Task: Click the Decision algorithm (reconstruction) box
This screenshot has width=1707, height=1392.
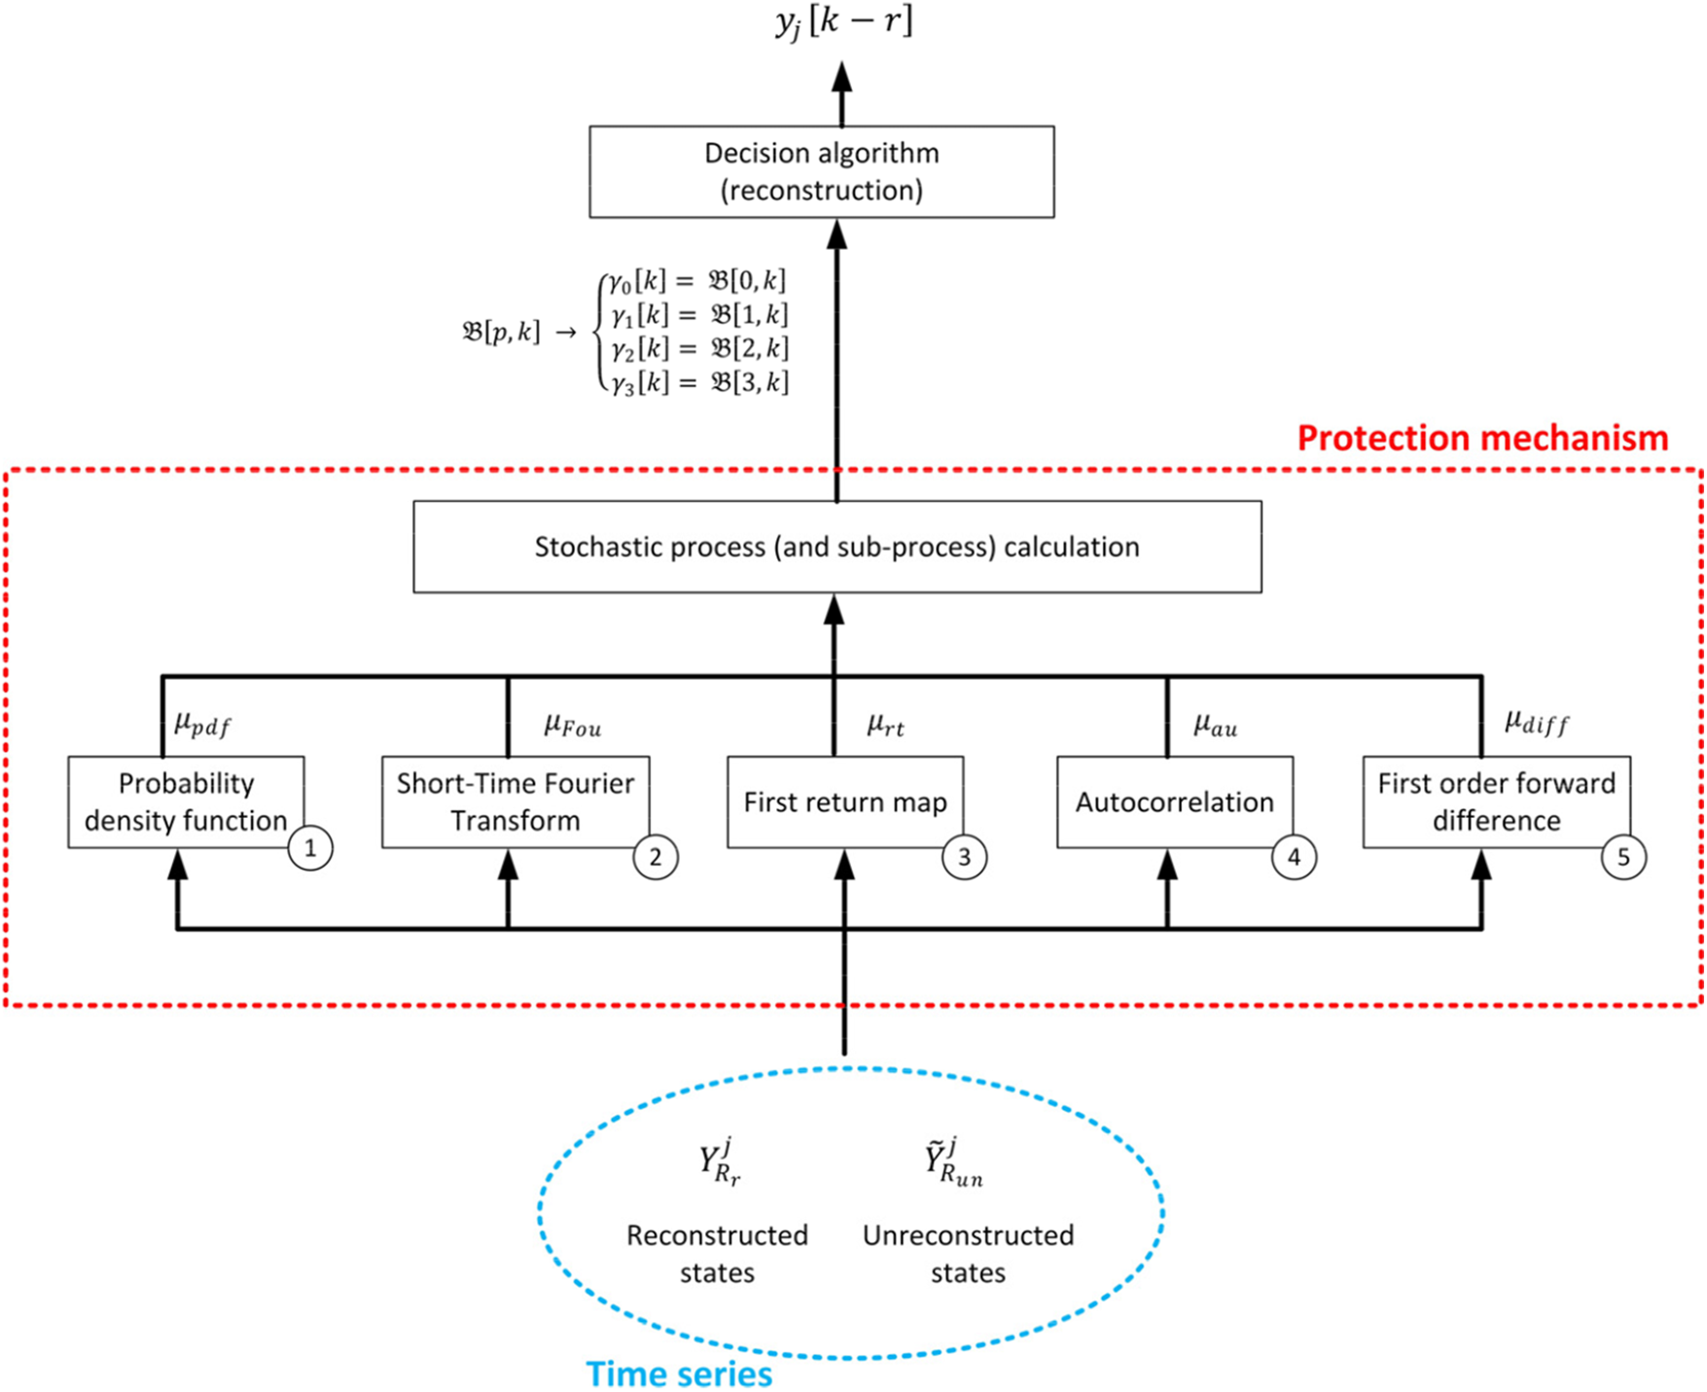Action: pyautogui.click(x=822, y=171)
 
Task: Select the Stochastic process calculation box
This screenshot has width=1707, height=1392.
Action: pyautogui.click(x=837, y=547)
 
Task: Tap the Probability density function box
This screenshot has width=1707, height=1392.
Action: pyautogui.click(x=186, y=803)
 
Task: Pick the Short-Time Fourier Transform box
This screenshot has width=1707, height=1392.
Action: pyautogui.click(x=516, y=803)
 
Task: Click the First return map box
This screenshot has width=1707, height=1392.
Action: pyautogui.click(x=845, y=803)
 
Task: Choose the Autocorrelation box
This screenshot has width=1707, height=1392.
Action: pyautogui.click(x=1175, y=803)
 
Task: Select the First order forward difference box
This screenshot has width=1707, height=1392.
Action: pyautogui.click(x=1497, y=803)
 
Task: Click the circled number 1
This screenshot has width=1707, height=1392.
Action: pyautogui.click(x=310, y=848)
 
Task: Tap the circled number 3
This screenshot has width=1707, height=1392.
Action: pyautogui.click(x=964, y=857)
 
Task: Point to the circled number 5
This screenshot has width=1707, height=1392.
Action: pyautogui.click(x=1623, y=857)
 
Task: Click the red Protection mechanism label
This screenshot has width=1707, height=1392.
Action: pyautogui.click(x=1483, y=439)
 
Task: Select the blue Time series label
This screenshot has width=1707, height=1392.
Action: pyautogui.click(x=679, y=1374)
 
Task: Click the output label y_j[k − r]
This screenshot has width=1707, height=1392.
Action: pyautogui.click(x=844, y=21)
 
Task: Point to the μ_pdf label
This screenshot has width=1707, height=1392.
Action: pyautogui.click(x=202, y=724)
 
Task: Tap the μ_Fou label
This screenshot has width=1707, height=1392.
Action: pyautogui.click(x=573, y=725)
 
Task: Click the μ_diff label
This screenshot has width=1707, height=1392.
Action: pyautogui.click(x=1537, y=722)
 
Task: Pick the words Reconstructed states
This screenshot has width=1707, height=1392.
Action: pyautogui.click(x=718, y=1254)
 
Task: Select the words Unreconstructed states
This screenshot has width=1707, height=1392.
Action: pyautogui.click(x=969, y=1254)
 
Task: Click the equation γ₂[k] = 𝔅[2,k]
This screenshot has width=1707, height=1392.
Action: pyautogui.click(x=699, y=348)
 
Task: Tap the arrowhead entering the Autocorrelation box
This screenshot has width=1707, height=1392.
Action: pyautogui.click(x=1167, y=863)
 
